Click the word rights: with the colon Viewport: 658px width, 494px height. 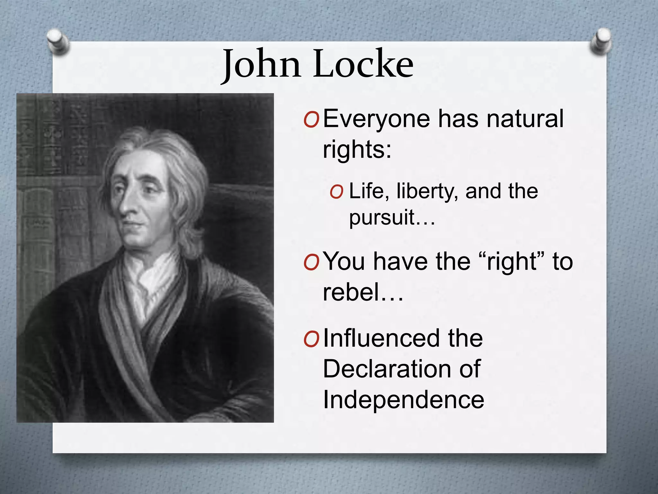tap(357, 149)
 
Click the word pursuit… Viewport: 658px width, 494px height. tap(392, 218)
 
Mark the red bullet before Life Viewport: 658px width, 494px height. tap(336, 192)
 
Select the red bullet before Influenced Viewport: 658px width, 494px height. tap(311, 340)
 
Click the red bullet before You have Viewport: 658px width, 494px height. tap(311, 262)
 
